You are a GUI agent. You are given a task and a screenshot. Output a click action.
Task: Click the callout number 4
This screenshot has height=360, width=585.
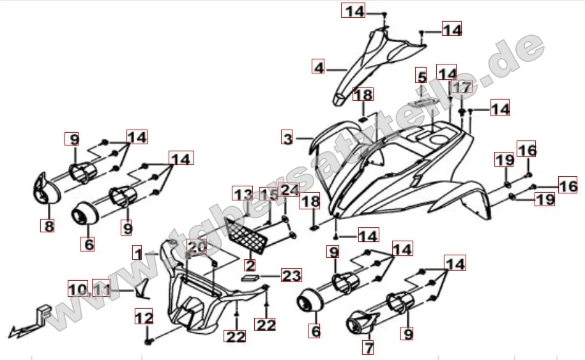[x=318, y=66]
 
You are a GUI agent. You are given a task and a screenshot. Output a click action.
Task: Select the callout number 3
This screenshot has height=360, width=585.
[x=287, y=138]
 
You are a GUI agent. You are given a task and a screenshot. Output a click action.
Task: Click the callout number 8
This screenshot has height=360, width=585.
[x=47, y=225]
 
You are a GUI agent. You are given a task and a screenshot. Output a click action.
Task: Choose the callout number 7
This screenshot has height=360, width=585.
[x=368, y=347]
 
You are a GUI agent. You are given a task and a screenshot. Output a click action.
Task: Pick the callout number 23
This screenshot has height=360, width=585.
[x=291, y=276]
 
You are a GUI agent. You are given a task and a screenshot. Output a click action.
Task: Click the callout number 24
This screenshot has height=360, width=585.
[x=289, y=190]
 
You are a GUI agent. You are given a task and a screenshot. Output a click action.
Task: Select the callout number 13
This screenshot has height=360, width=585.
[x=242, y=193]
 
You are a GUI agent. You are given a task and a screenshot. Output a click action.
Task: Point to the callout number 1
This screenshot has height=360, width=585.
[x=139, y=253]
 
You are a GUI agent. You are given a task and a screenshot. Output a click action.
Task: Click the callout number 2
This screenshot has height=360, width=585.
[x=250, y=265]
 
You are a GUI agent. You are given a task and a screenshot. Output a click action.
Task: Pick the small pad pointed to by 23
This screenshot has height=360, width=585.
[x=250, y=278]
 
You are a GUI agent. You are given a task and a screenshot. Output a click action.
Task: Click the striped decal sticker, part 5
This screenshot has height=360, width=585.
[x=426, y=101]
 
